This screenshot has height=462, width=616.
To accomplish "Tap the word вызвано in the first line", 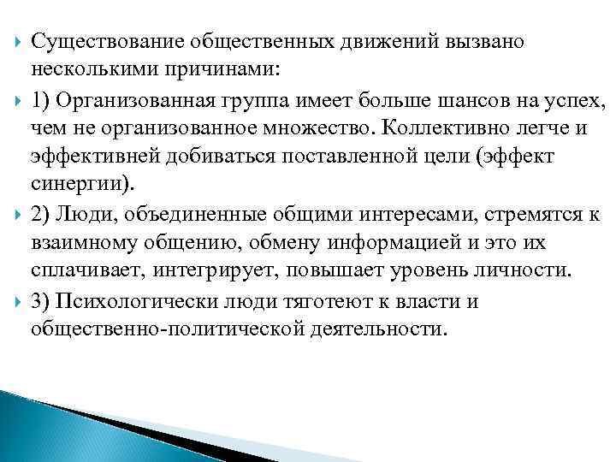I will (x=481, y=40).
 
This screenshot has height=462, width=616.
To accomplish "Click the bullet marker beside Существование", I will (x=13, y=41).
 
